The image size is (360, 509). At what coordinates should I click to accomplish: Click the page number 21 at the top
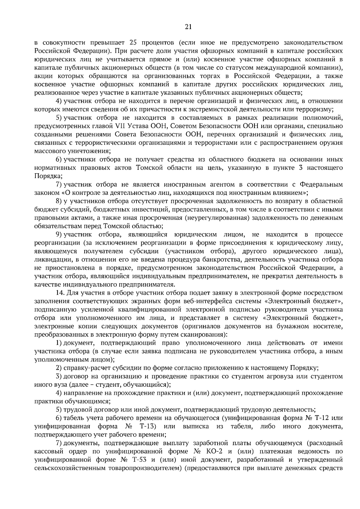click(x=188, y=27)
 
